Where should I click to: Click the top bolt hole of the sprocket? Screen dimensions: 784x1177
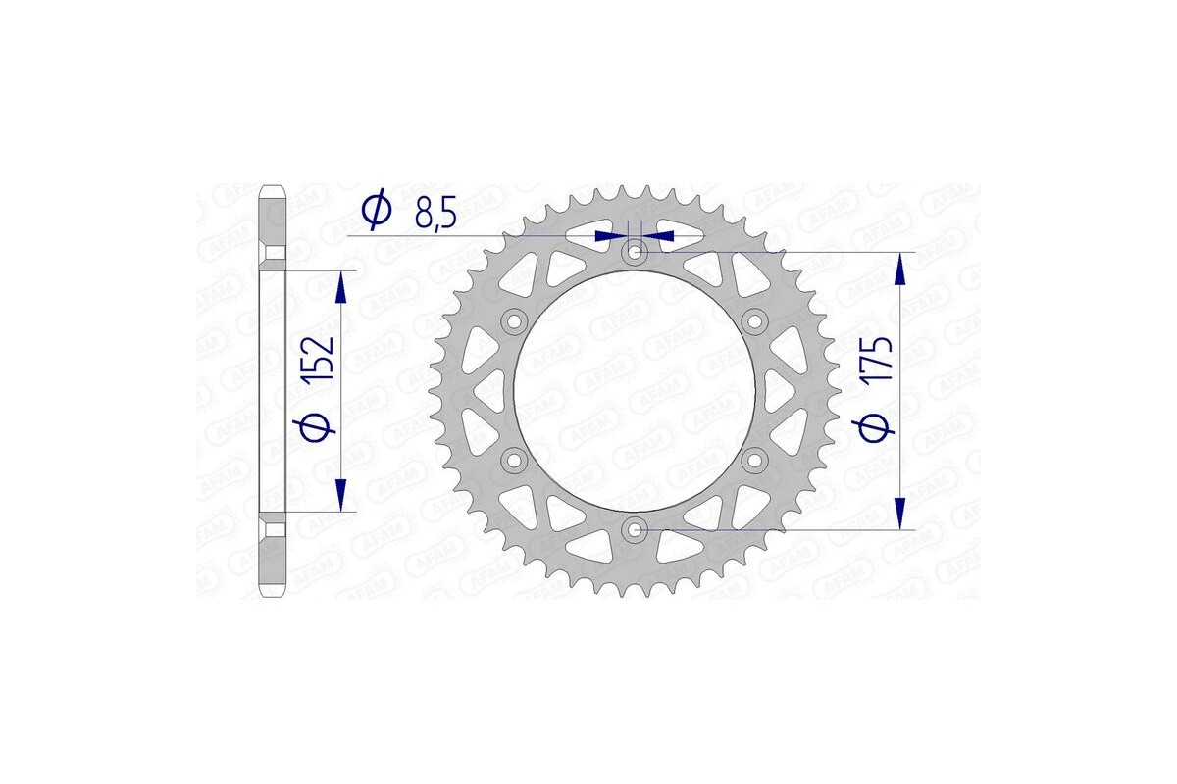point(635,254)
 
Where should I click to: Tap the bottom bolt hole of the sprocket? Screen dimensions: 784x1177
point(635,530)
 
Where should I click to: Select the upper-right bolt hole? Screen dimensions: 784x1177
point(755,321)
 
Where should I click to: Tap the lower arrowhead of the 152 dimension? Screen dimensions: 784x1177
point(340,494)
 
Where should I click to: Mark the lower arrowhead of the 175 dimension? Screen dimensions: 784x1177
point(899,513)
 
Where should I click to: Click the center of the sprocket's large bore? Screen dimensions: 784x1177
point(635,391)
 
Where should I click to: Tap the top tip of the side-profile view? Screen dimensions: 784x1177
point(273,186)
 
